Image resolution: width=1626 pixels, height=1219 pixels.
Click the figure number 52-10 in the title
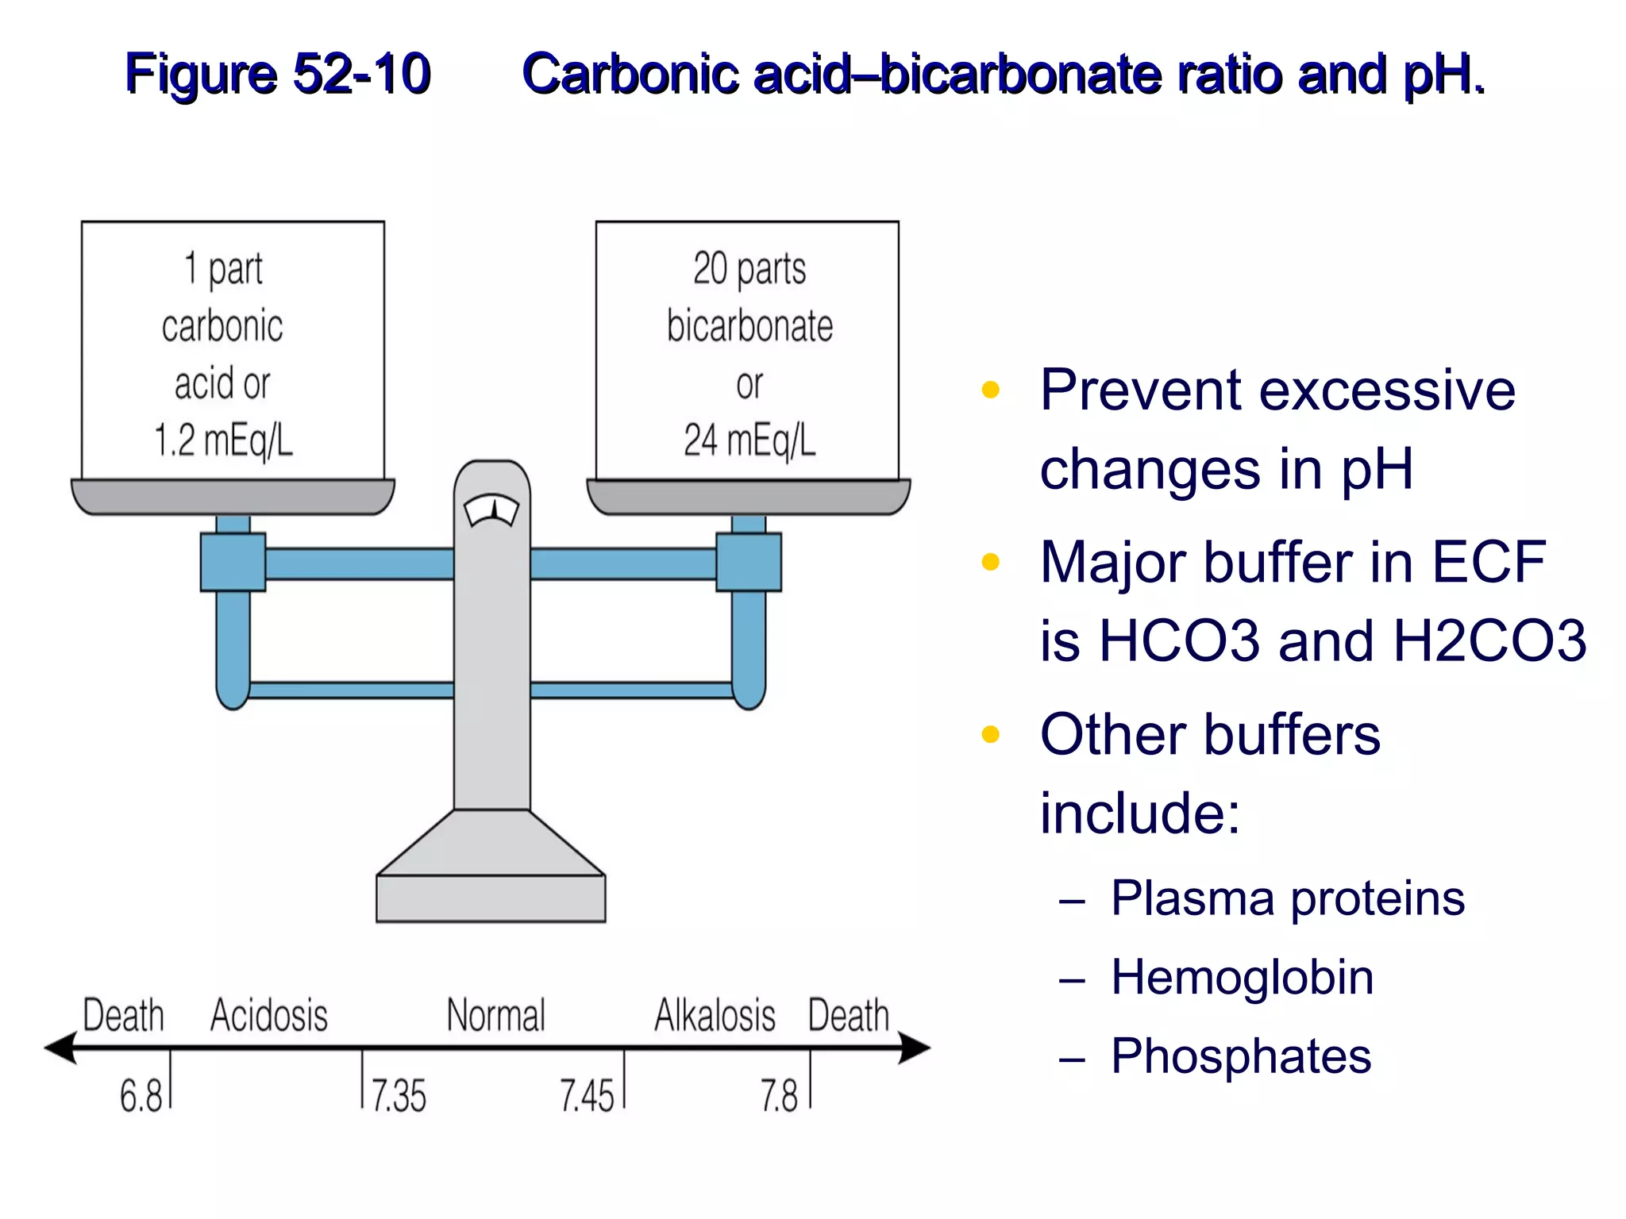[x=361, y=74]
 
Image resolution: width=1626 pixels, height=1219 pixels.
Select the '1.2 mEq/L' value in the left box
[x=223, y=440]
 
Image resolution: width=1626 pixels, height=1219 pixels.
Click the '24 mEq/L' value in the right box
[x=749, y=440]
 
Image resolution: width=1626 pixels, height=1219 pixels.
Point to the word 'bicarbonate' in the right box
[x=749, y=326]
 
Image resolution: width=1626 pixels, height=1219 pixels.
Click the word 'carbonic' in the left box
[x=222, y=326]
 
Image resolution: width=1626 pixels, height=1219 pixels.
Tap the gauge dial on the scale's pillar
[x=491, y=511]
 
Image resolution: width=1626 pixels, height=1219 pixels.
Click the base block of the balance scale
[x=491, y=898]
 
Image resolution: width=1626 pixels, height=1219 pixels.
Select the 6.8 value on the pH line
[x=141, y=1096]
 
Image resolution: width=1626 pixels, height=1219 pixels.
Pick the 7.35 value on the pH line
[x=399, y=1096]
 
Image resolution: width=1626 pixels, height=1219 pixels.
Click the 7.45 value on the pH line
[x=587, y=1096]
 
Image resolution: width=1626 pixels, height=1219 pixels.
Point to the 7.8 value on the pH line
[x=779, y=1096]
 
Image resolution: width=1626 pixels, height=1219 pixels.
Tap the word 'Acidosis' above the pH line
[x=269, y=1016]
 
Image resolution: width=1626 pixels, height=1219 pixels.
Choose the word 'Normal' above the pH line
[x=496, y=1016]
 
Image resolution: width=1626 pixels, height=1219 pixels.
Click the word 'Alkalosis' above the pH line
[x=715, y=1016]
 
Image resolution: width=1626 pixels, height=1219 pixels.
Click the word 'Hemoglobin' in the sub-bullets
[x=1242, y=977]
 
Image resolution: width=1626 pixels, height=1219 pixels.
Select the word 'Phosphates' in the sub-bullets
[x=1241, y=1056]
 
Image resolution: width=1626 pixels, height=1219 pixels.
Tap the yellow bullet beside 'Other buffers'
[x=990, y=734]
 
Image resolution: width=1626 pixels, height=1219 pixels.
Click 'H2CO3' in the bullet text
[x=1489, y=640]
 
